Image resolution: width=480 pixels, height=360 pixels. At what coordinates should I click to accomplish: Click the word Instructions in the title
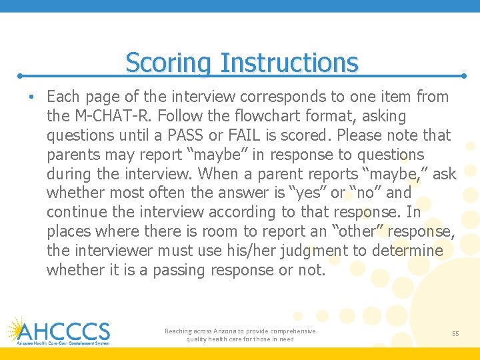tap(289, 63)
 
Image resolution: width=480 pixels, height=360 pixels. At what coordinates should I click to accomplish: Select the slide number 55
tap(455, 333)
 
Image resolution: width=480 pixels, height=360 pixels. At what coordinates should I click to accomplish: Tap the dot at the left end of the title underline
tap(20, 77)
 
